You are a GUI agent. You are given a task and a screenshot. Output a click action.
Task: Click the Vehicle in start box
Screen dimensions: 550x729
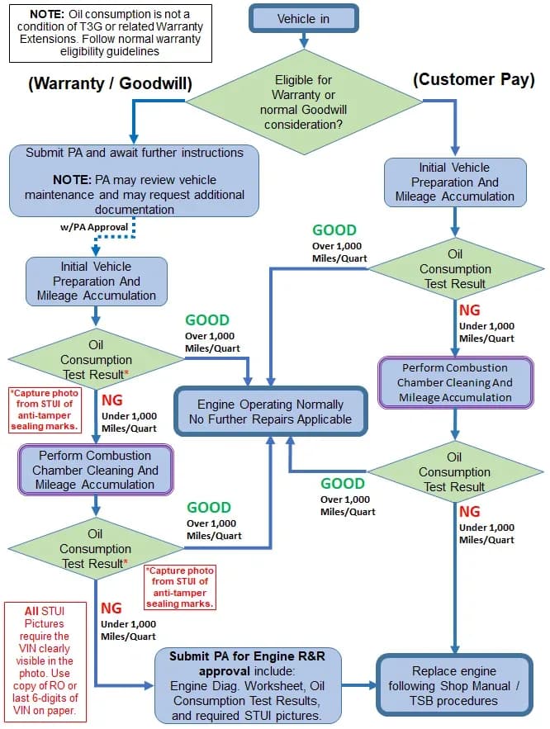[304, 19]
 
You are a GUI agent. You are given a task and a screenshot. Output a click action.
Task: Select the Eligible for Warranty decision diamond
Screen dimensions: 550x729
[304, 102]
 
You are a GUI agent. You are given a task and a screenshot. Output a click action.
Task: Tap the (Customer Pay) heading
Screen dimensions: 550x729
[474, 79]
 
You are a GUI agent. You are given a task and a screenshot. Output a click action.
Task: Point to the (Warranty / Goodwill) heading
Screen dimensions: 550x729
[110, 83]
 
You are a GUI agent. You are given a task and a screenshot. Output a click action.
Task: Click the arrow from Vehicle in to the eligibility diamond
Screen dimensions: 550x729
[304, 40]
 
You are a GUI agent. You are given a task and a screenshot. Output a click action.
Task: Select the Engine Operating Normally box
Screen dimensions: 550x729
[271, 411]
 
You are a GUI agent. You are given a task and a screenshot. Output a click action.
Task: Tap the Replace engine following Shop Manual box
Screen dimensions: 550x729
[454, 686]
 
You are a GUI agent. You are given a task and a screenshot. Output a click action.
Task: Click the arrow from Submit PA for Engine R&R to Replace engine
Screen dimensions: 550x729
[359, 685]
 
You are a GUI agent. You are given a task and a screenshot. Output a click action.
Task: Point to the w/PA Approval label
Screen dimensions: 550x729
[94, 227]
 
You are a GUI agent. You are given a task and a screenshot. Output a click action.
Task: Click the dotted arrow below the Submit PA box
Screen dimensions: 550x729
[113, 237]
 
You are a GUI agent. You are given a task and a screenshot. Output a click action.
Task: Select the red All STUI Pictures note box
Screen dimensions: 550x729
[45, 660]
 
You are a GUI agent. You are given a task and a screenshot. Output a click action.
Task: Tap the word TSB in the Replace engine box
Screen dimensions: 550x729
[421, 701]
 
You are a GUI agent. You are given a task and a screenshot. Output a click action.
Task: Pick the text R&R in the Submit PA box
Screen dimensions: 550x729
[312, 656]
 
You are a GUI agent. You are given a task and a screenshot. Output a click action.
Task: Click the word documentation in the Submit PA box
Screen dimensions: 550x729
[135, 210]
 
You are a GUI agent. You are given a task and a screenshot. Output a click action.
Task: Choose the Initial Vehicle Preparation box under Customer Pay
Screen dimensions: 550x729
[455, 182]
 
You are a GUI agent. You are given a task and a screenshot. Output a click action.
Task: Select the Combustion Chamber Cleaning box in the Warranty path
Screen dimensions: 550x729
[95, 470]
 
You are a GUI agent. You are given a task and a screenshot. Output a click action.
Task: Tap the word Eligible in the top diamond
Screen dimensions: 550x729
[303, 80]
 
